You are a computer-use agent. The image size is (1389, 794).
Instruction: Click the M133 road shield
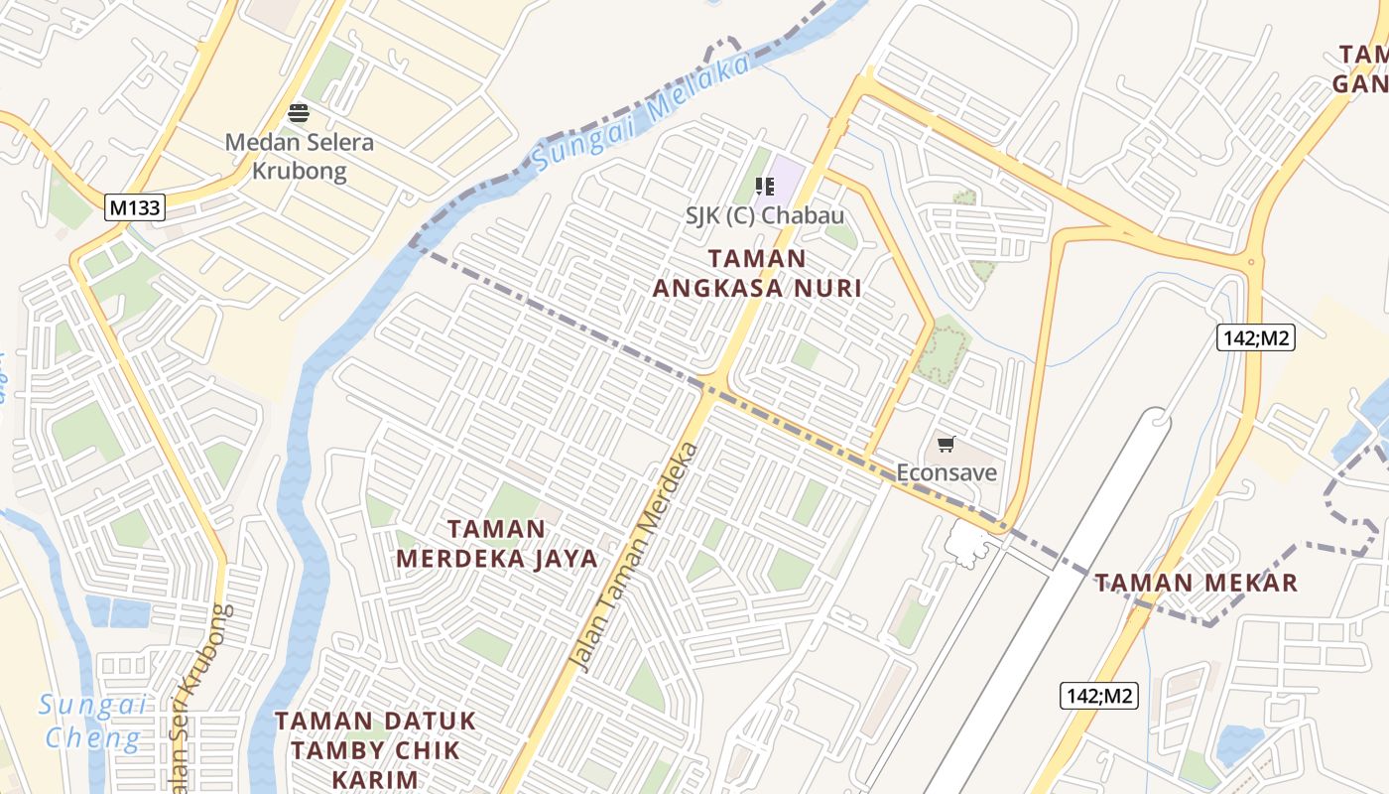tap(134, 206)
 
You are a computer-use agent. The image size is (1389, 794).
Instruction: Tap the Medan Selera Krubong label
tap(299, 156)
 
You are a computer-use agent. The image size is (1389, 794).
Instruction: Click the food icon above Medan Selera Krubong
tap(299, 113)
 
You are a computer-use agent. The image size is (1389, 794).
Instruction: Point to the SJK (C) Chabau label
tap(765, 215)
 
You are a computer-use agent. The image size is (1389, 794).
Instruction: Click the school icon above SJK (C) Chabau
tap(764, 186)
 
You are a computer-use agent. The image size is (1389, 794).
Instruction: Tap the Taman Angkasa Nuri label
tap(757, 273)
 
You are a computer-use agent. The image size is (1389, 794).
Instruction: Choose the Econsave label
tap(947, 471)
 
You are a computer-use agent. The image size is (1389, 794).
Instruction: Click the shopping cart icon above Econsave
tap(946, 444)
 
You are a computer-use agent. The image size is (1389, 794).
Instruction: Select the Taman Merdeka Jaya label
tap(497, 543)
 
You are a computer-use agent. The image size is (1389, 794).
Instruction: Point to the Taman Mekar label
tap(1197, 583)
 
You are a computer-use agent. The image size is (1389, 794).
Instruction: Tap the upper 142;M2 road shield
tap(1255, 337)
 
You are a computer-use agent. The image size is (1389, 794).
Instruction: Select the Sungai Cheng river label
tap(92, 722)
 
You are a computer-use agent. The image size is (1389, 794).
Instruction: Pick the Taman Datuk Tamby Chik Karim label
tap(375, 749)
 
